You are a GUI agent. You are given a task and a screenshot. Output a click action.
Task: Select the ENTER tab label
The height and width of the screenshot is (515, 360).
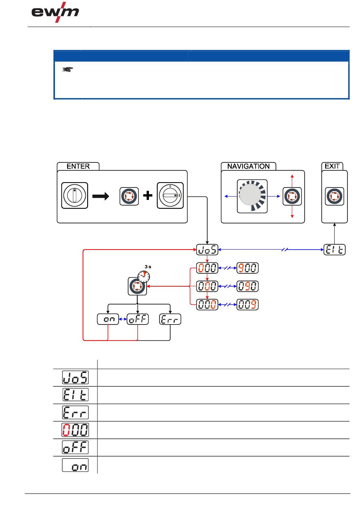pos(78,166)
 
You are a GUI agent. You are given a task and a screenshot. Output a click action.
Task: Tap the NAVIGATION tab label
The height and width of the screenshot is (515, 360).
pos(248,166)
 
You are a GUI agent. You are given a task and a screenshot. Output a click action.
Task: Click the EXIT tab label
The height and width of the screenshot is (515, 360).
pos(332,166)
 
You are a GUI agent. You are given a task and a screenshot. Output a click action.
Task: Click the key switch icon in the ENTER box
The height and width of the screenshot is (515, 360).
pos(75,195)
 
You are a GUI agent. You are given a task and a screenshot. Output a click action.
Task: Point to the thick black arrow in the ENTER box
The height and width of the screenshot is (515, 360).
pos(100,196)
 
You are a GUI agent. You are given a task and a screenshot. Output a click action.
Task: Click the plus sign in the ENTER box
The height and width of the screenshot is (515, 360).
pos(148,196)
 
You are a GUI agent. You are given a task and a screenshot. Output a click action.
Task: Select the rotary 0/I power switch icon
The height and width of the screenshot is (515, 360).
pos(170,195)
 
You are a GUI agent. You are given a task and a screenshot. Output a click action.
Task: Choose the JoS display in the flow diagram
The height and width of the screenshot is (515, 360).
pos(207,250)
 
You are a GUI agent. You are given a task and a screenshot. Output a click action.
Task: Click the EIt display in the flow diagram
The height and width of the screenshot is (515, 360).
pos(335,250)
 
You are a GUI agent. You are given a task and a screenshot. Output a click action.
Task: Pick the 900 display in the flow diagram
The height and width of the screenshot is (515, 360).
pos(247,268)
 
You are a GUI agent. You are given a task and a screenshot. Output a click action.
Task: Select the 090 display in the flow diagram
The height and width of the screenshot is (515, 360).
pos(247,286)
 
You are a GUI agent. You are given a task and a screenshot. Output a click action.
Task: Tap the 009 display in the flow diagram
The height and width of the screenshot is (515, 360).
pos(247,305)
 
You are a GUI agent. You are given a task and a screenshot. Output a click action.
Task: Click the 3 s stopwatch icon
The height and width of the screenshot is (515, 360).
pos(144,276)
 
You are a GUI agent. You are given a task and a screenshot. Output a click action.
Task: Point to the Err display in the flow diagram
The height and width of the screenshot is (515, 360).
pos(171,319)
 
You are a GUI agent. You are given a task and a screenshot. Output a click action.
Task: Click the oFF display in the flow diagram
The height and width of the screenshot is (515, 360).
pos(138,319)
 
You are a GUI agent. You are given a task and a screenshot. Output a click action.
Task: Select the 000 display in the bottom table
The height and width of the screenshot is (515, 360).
pos(75,430)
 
